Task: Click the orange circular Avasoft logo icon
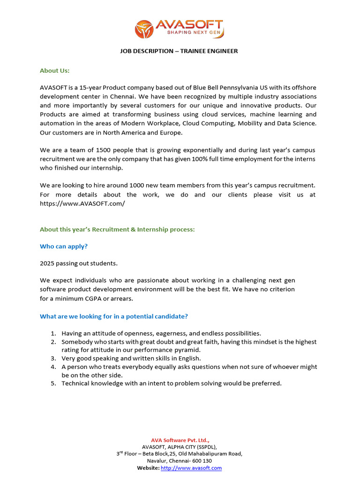pyautogui.click(x=144, y=29)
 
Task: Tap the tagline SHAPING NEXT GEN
pyautogui.click(x=189, y=32)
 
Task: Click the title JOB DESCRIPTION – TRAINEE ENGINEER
pyautogui.click(x=180, y=51)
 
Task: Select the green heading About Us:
pyautogui.click(x=54, y=70)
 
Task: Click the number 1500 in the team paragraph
pyautogui.click(x=105, y=150)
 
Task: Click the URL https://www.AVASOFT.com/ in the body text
pyautogui.click(x=82, y=204)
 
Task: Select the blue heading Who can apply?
pyautogui.click(x=64, y=246)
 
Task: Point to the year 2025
pyautogui.click(x=47, y=263)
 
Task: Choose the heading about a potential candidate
pyautogui.click(x=114, y=316)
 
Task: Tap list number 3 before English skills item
pyautogui.click(x=53, y=358)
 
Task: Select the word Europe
pyautogui.click(x=171, y=133)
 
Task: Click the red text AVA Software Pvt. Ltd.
pyautogui.click(x=180, y=440)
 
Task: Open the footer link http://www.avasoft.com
pyautogui.click(x=191, y=468)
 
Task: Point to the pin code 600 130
pyautogui.click(x=201, y=461)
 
